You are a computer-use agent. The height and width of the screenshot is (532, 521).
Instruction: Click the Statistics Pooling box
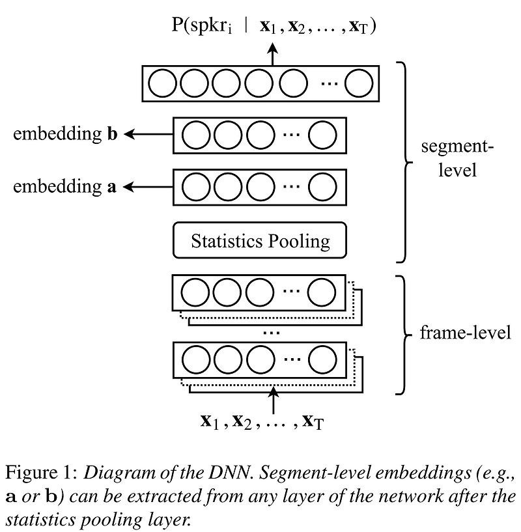[260, 241]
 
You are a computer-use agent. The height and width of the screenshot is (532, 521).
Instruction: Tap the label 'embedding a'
[64, 187]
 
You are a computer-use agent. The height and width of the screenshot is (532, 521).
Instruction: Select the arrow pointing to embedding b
[148, 134]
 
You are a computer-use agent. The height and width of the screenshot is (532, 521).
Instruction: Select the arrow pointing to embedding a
[148, 187]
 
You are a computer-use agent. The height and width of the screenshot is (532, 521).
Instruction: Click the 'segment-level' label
[457, 158]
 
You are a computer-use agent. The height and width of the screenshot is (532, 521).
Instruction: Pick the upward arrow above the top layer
[273, 55]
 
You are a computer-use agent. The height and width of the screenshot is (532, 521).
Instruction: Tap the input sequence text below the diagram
[262, 421]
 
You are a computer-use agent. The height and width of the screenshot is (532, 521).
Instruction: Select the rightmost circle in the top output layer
[359, 83]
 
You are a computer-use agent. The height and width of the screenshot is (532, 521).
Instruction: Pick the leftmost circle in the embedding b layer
[193, 135]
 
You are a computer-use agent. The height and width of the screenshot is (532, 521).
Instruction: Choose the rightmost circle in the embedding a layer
[322, 187]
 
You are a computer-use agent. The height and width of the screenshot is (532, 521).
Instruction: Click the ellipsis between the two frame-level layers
[270, 333]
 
